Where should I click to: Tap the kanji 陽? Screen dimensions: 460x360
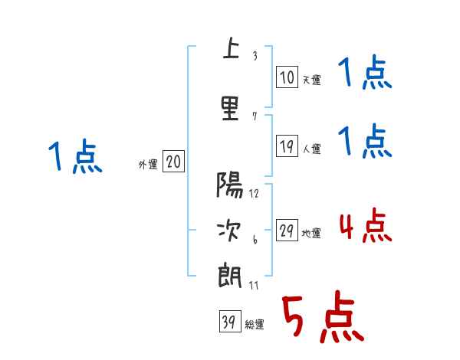230,186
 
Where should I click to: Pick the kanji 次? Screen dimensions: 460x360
230,229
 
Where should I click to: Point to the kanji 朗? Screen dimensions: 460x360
230,273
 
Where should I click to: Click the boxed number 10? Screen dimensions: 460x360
287,77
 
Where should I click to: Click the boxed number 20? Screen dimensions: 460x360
173,162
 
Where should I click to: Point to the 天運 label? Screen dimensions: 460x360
310,80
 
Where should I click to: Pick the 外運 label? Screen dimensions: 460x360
148,164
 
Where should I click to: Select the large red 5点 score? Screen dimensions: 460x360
322,318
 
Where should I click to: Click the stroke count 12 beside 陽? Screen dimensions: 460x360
254,194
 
